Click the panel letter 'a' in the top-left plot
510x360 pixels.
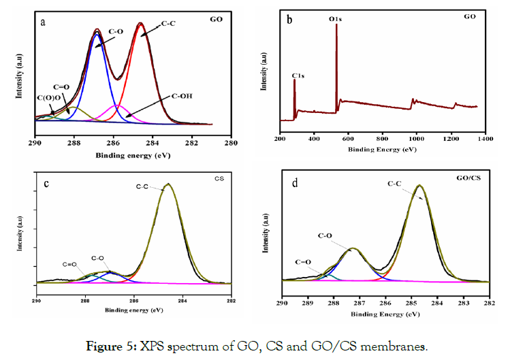pos(44,22)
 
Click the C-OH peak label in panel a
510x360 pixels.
pos(182,95)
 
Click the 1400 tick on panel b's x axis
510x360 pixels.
pos(485,139)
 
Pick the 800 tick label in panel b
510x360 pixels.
pos(382,139)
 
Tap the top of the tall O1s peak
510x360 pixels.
pos(336,27)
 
